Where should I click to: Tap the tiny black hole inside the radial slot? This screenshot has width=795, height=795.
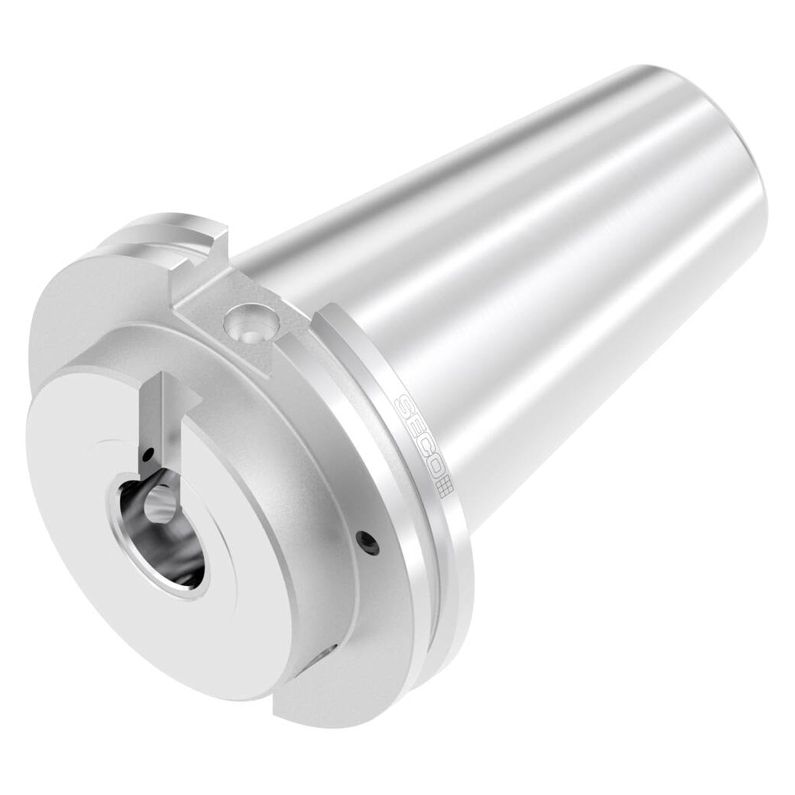(x=147, y=457)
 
